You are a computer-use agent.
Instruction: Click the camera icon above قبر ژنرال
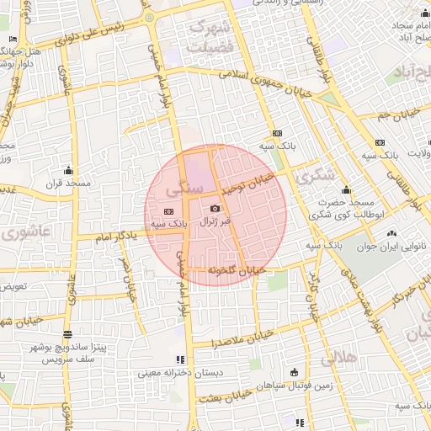[215, 208]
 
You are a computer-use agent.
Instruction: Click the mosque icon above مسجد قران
[68, 169]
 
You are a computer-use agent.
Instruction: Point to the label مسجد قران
[61, 183]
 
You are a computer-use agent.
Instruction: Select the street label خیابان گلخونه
[237, 271]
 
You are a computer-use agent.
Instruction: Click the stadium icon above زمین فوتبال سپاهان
[293, 372]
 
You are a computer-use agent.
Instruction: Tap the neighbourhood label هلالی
[338, 358]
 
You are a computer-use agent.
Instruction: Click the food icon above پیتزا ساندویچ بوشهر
[68, 334]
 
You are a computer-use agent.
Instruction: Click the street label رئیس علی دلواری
[98, 31]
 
